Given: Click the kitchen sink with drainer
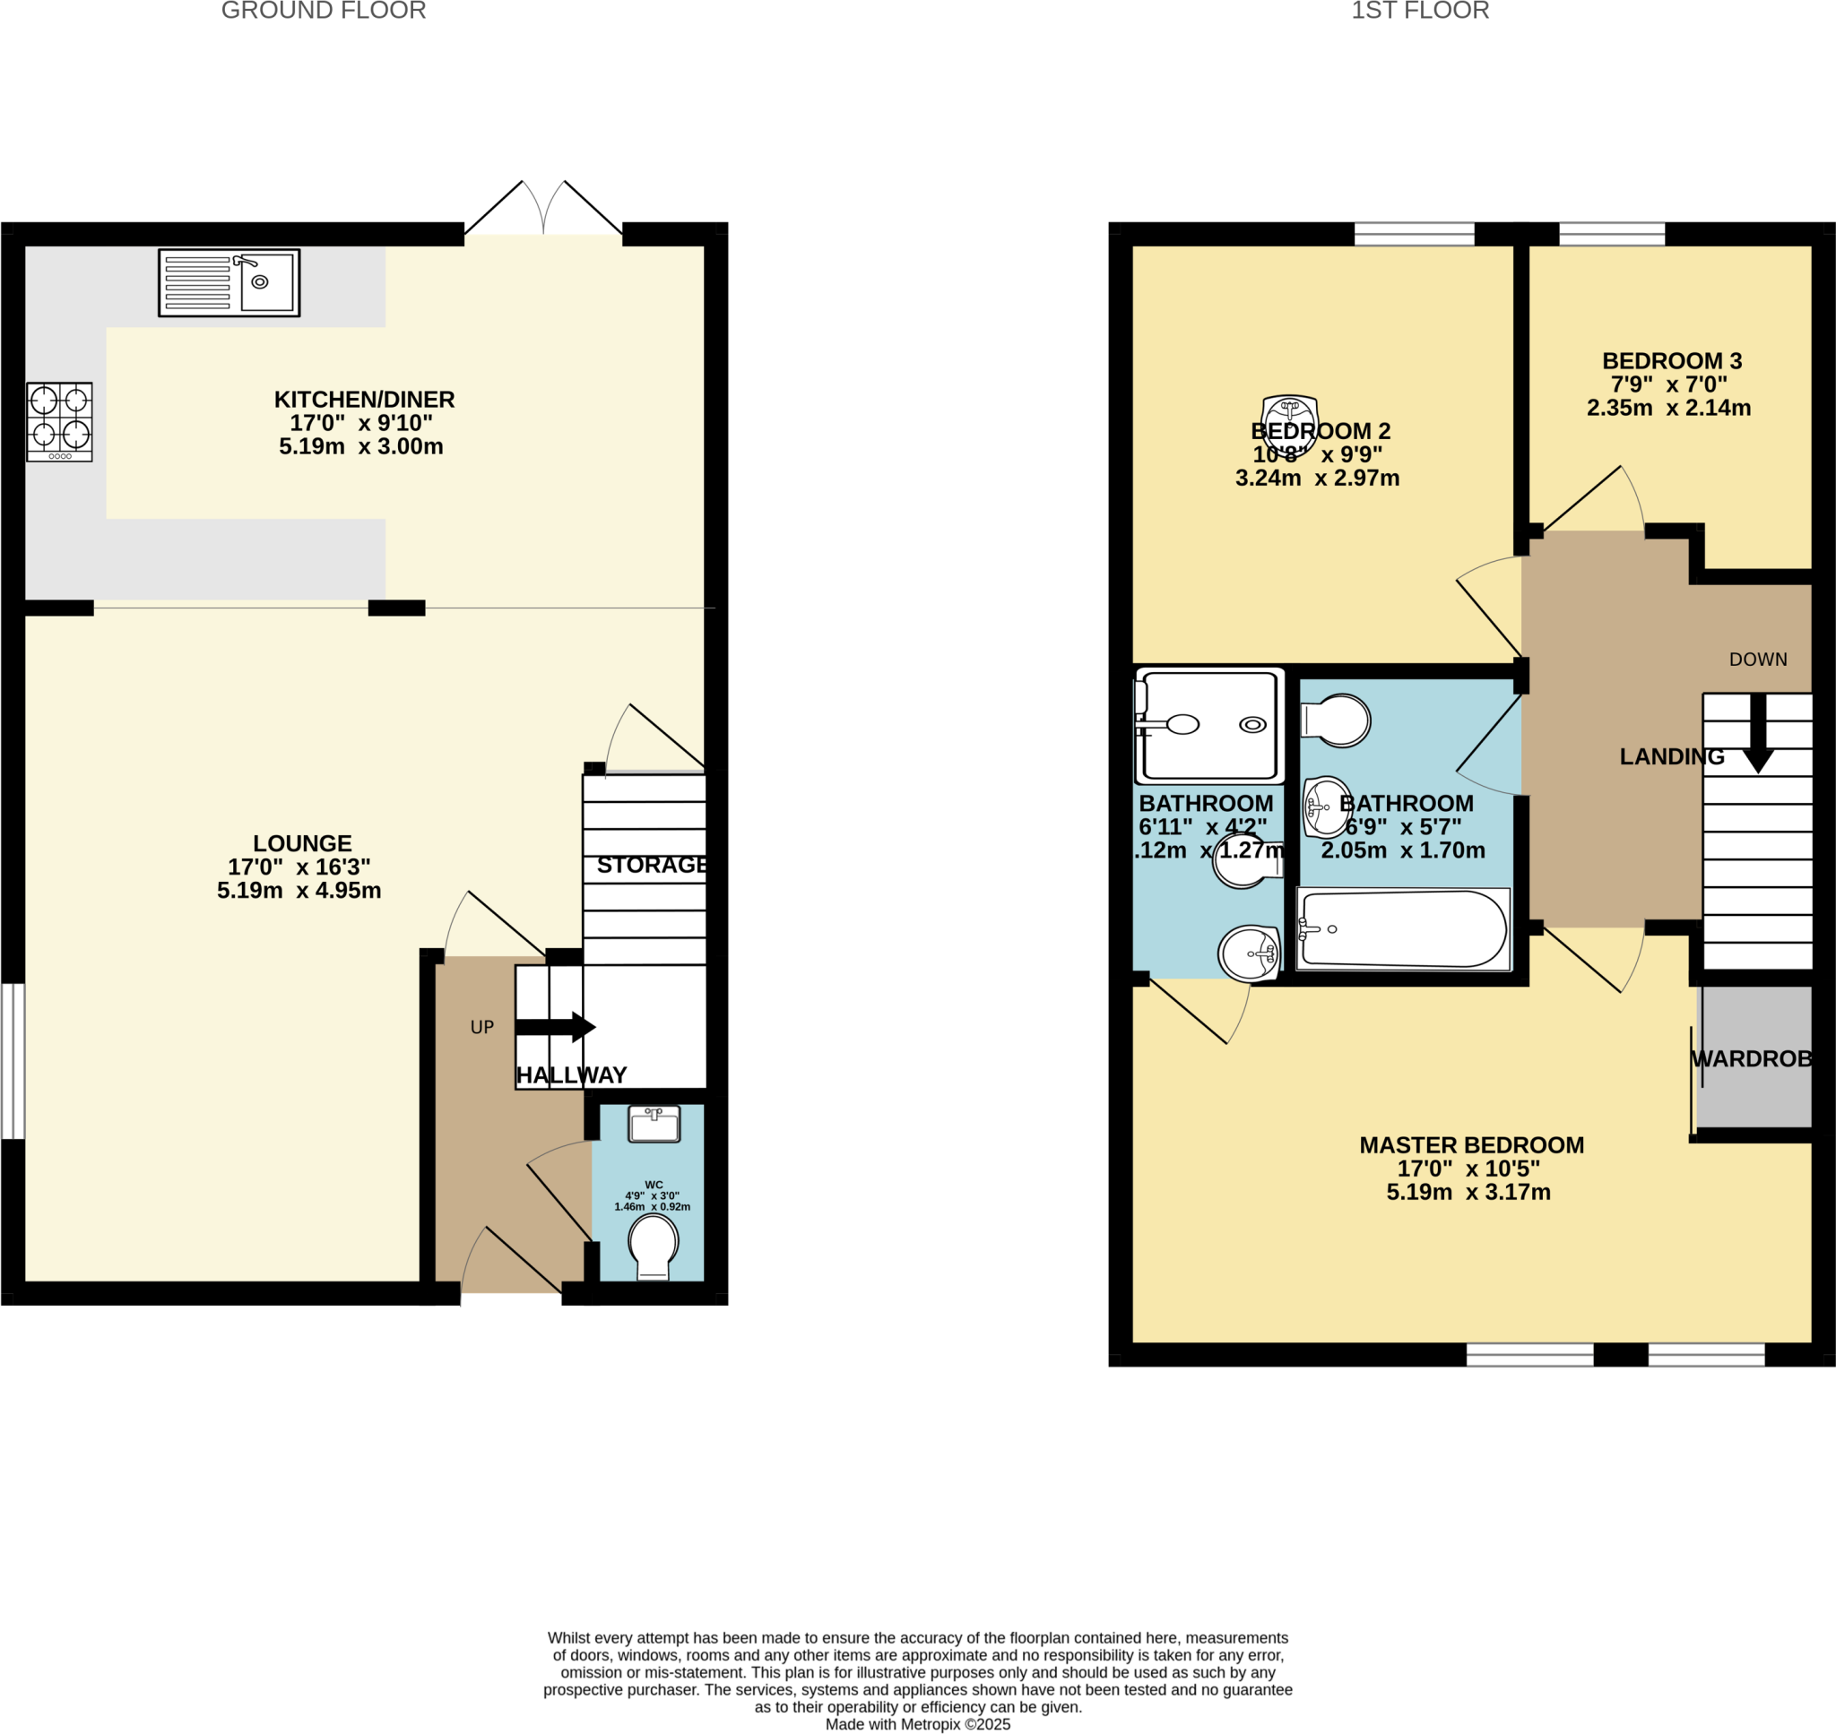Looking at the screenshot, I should (229, 283).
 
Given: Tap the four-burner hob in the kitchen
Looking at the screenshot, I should (59, 421).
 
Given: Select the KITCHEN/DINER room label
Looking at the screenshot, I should (364, 400).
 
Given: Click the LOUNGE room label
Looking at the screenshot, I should (302, 843).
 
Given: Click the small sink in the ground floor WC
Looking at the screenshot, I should (654, 1124).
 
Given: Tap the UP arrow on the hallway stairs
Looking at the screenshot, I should (556, 1027).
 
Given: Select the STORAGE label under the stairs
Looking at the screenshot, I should (652, 864).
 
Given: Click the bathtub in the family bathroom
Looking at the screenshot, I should (1402, 929).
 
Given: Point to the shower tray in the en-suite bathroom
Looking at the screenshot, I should (1210, 725).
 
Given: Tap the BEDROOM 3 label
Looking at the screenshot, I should (1671, 360).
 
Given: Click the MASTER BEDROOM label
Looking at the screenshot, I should (1471, 1145).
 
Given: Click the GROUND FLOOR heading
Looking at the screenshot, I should (324, 11).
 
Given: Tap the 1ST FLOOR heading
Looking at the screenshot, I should (1420, 11).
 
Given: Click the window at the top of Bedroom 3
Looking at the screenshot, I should (1611, 234).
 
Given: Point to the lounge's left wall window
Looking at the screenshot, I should (12, 1061).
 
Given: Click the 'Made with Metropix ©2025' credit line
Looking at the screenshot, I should (917, 1724).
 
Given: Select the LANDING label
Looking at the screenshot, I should (1671, 756).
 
